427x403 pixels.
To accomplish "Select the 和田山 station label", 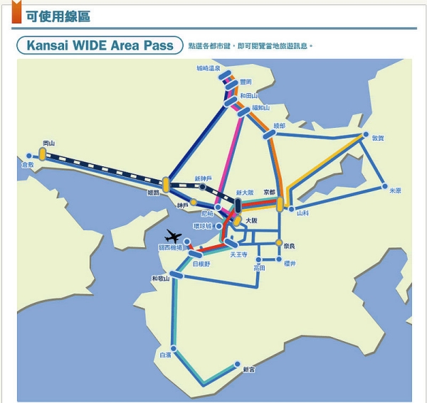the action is (x=248, y=95).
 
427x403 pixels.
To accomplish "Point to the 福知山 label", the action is (x=260, y=108).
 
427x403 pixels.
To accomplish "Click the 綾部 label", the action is (x=278, y=125).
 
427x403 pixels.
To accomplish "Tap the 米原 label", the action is (x=395, y=190).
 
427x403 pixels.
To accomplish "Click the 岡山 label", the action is (x=48, y=143).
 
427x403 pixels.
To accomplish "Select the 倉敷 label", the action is (x=27, y=165).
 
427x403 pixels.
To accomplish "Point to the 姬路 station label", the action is (x=154, y=193).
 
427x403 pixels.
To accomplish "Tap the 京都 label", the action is (x=269, y=192).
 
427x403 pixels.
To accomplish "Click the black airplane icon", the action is (x=174, y=237).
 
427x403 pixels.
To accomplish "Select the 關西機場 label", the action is (x=170, y=248).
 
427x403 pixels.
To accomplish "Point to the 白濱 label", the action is (x=165, y=353).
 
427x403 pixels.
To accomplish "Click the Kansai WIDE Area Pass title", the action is (x=100, y=45).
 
